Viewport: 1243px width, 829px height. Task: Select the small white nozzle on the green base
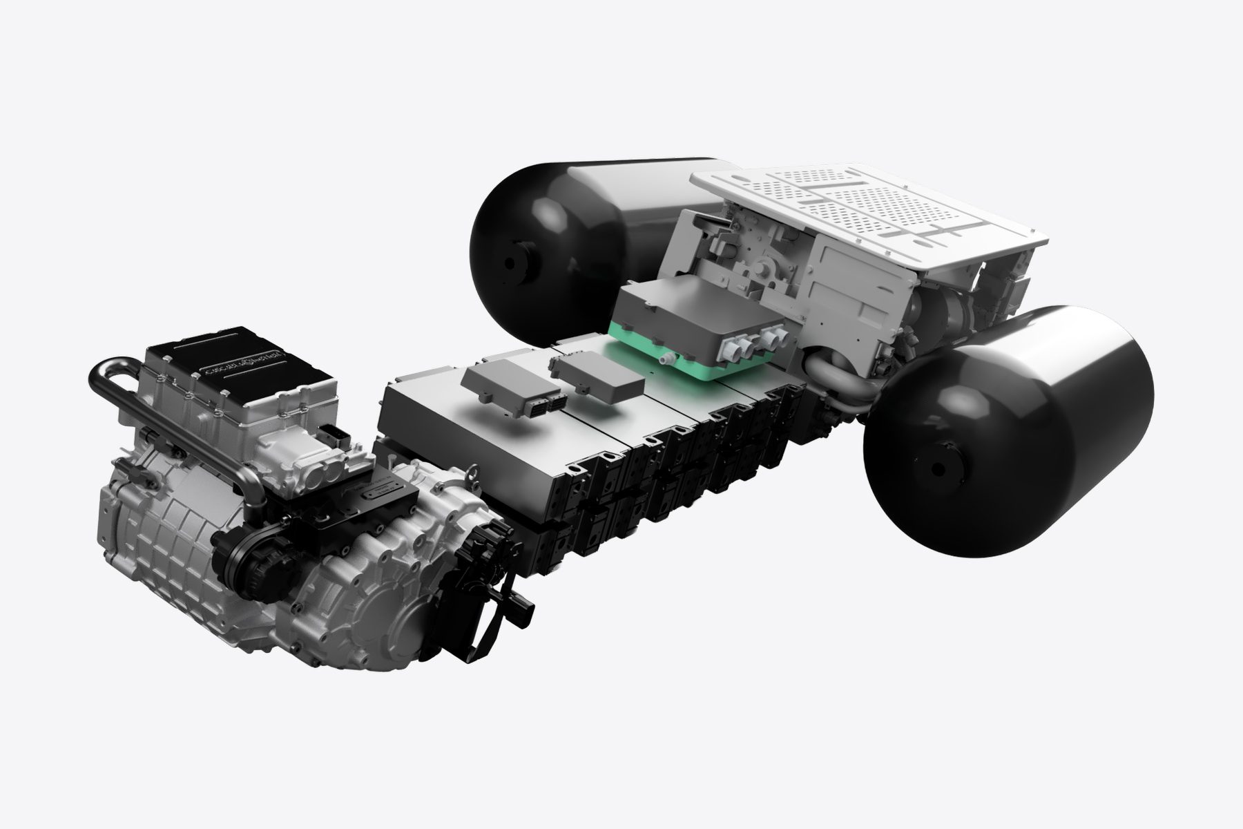click(665, 360)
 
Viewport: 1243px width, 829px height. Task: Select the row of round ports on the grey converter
click(739, 342)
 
